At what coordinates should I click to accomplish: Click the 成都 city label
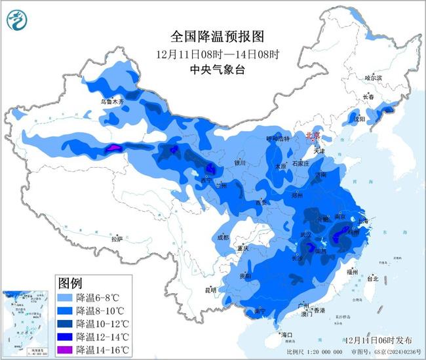(222, 237)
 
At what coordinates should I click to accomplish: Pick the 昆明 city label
(210, 289)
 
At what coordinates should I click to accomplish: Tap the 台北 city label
(372, 279)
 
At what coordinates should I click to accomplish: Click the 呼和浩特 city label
(277, 138)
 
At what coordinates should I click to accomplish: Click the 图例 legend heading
(70, 283)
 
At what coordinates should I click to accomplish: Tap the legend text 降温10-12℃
(103, 323)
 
